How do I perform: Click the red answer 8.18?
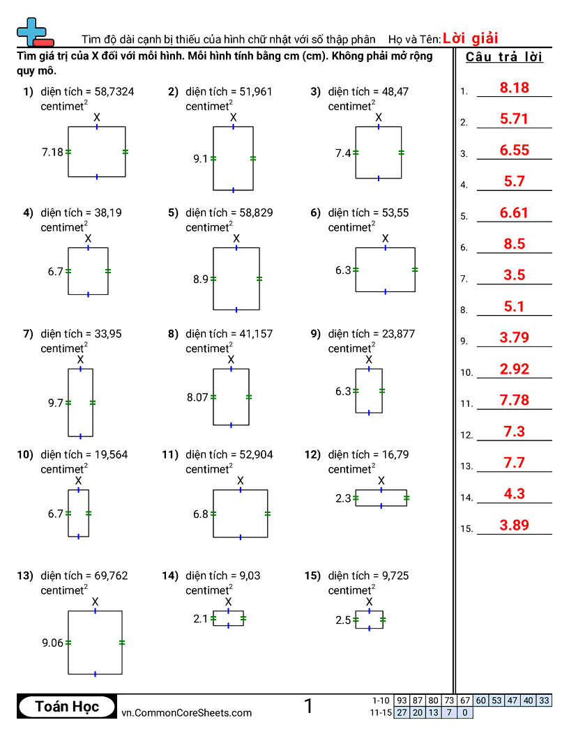point(515,88)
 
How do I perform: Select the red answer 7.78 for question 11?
point(515,400)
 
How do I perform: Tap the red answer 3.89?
point(515,526)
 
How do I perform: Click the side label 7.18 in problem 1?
point(52,152)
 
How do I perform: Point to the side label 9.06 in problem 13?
point(52,643)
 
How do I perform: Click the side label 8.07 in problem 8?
point(197,397)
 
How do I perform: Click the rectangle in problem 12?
point(381,498)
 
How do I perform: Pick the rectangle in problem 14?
point(229,618)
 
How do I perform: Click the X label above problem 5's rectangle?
point(236,239)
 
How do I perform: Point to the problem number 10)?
point(25,454)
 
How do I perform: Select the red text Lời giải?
point(470,39)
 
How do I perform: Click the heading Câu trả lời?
point(504,57)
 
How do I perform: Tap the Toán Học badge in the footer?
point(67,707)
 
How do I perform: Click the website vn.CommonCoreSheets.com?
point(187,712)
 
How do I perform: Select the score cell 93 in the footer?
point(402,700)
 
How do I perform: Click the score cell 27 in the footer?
point(402,712)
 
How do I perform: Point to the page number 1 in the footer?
point(308,706)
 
